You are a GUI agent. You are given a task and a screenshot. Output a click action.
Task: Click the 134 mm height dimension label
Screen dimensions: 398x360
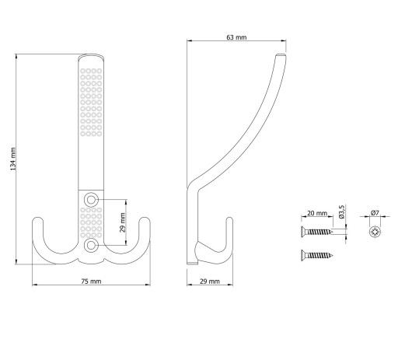(13, 159)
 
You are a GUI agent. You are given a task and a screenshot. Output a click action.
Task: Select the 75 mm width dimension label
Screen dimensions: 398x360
(91, 281)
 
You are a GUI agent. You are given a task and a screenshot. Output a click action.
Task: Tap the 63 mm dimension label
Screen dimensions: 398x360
(236, 37)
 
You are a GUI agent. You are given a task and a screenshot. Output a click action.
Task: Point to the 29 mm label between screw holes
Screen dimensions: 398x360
(123, 222)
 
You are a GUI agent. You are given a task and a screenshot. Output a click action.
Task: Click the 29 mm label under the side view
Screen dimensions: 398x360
(210, 281)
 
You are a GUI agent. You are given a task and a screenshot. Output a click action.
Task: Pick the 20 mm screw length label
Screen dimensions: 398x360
(317, 213)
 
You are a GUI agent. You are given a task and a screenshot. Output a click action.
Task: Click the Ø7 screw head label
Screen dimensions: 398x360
(375, 213)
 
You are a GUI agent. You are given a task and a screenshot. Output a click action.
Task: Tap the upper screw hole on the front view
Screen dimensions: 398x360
(91, 200)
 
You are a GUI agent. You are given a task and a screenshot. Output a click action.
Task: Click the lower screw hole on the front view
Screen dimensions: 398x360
(91, 245)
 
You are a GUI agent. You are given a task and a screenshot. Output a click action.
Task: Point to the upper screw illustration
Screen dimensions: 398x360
(316, 232)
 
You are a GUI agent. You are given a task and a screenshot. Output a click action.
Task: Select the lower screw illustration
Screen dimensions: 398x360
(316, 255)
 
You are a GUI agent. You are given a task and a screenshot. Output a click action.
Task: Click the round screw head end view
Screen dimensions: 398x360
(375, 232)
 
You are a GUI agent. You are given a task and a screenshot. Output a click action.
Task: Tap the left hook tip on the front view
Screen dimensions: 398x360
(37, 218)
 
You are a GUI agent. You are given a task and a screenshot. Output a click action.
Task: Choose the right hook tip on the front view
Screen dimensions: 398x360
(145, 218)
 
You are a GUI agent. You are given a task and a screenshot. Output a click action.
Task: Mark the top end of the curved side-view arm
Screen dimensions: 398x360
(281, 55)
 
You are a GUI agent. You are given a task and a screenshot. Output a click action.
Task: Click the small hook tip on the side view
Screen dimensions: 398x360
(229, 218)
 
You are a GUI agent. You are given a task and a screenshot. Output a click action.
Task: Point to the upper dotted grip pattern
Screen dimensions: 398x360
(91, 102)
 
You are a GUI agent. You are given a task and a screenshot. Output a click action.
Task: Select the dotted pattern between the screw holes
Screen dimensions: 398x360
(91, 222)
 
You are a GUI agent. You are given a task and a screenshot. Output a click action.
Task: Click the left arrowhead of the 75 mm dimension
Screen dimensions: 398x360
(34, 285)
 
